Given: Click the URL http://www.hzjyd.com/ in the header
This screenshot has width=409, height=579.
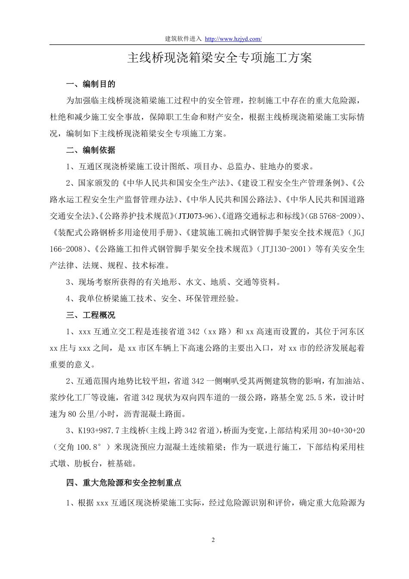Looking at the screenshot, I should [233, 39].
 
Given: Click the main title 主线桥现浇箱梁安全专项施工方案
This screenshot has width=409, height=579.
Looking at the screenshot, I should [219, 59].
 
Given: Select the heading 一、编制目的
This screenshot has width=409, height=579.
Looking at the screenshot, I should [91, 84].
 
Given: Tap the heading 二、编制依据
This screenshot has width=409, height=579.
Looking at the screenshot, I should [91, 150].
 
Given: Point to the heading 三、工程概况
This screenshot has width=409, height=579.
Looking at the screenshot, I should [91, 315].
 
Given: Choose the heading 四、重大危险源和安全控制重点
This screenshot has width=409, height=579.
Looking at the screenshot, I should [127, 483].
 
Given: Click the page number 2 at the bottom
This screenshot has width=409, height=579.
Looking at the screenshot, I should [213, 540].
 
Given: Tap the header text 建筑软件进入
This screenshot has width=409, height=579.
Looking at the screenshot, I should [183, 39].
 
